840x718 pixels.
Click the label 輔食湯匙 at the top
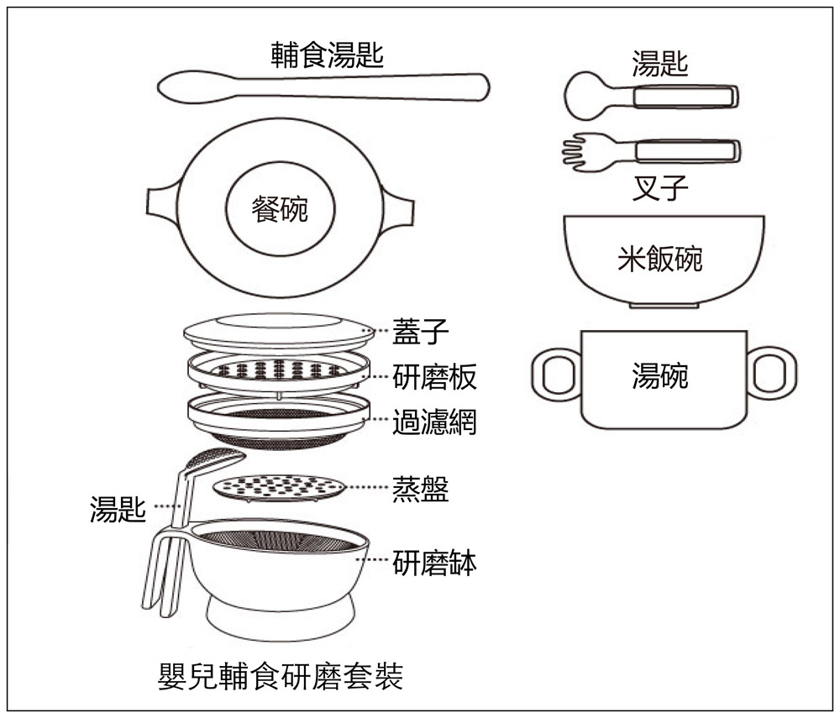[327, 55]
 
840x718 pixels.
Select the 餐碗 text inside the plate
[280, 208]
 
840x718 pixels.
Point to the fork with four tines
[651, 153]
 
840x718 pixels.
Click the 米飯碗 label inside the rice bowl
[660, 259]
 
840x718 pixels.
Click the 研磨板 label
[434, 377]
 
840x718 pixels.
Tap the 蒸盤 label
[421, 490]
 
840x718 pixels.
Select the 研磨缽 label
[434, 563]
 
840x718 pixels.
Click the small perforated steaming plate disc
[278, 486]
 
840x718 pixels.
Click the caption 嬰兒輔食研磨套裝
[281, 676]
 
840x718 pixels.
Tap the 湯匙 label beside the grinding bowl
[118, 508]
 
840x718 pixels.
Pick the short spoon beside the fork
[651, 97]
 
